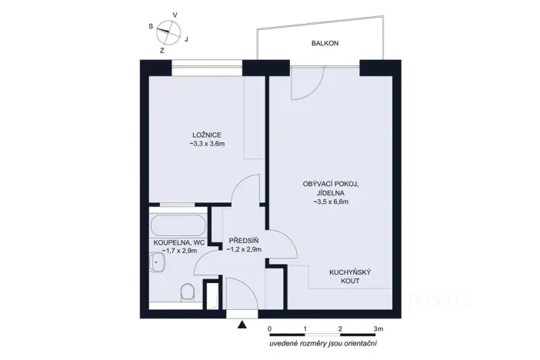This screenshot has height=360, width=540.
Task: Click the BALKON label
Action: click(x=325, y=44)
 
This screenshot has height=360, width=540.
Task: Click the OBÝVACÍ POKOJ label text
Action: click(x=331, y=183)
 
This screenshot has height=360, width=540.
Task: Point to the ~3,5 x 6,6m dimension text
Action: click(x=331, y=202)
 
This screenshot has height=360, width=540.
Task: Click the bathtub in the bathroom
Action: click(x=178, y=225)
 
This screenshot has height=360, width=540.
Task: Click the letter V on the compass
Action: click(x=175, y=15)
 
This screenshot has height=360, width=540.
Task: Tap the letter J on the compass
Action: click(x=187, y=38)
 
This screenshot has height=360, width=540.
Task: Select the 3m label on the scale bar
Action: click(x=378, y=328)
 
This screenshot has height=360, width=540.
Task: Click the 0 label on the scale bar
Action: click(x=270, y=328)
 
